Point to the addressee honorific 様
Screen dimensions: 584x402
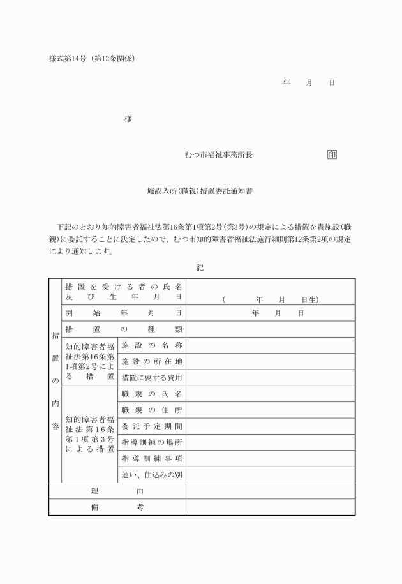coord(128,119)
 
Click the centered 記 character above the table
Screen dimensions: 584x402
coord(200,267)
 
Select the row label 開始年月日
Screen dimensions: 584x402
coord(123,313)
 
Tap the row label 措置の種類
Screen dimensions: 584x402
coord(123,329)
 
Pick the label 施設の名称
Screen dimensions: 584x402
coord(152,345)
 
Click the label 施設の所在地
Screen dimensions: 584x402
coord(152,362)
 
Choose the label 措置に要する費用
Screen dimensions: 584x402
coord(152,378)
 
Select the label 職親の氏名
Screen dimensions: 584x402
coord(152,394)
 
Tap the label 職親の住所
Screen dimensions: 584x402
coord(152,410)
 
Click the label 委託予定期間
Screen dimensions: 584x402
coord(152,426)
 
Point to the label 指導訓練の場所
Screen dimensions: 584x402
coord(152,442)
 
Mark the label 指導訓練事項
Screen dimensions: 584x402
coord(152,458)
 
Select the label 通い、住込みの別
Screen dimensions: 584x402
coord(152,475)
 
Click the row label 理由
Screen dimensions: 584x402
coord(117,491)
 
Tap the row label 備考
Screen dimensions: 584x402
coord(117,507)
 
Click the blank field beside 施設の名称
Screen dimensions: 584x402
coord(271,345)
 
